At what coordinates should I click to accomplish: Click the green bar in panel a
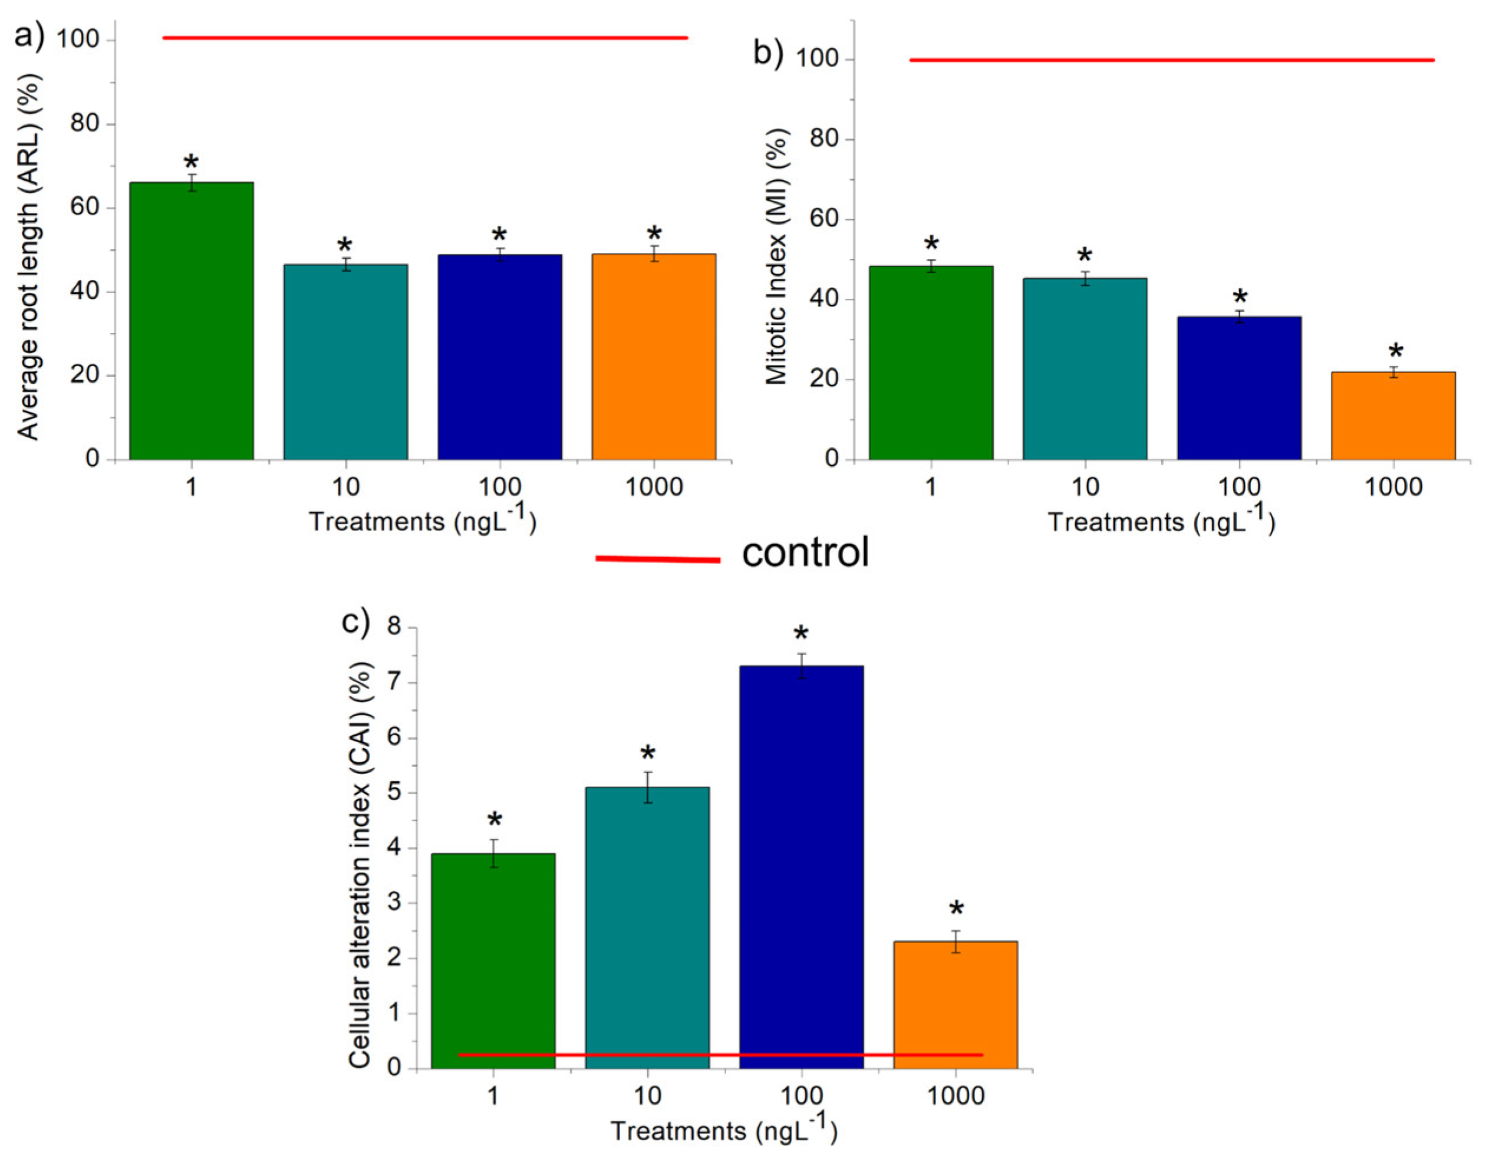click(x=191, y=321)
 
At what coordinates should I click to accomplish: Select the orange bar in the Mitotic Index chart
click(x=1393, y=416)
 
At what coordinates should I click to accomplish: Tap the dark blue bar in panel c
click(x=802, y=867)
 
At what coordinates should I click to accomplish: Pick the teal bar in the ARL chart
click(x=345, y=362)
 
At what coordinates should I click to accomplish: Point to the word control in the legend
click(x=806, y=552)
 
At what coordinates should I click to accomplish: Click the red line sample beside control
click(x=657, y=559)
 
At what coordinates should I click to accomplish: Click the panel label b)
click(x=768, y=53)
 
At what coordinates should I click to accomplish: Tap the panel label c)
click(x=355, y=621)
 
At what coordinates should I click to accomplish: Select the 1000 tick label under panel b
click(x=1393, y=487)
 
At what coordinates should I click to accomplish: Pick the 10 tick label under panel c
click(x=647, y=1096)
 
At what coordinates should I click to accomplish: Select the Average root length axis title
click(x=29, y=256)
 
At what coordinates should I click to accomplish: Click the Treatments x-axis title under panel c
click(x=724, y=1131)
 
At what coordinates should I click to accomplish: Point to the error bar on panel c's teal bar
click(x=647, y=787)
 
